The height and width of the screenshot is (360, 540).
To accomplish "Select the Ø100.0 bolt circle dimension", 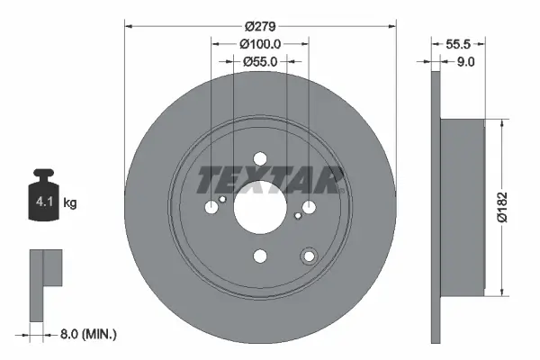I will pos(260,43).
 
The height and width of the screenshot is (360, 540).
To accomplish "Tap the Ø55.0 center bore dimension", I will pos(259,61).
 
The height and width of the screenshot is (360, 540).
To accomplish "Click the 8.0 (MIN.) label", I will pos(86,333).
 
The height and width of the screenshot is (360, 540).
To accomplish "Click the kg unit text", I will pos(70,203).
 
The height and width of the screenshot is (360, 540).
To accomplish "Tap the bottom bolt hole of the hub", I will pos(260,256).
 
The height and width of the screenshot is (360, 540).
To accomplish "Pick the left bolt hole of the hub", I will pos(211,207).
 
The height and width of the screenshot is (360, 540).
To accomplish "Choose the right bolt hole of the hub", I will pos(309,207).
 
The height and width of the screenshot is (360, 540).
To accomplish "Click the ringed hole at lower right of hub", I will pos(310,256).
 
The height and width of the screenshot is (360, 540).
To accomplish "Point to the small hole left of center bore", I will pos(222,200).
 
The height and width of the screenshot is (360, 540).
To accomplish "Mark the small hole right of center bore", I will pos(297,215).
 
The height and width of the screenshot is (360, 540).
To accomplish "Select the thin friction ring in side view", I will pos(436,206).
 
